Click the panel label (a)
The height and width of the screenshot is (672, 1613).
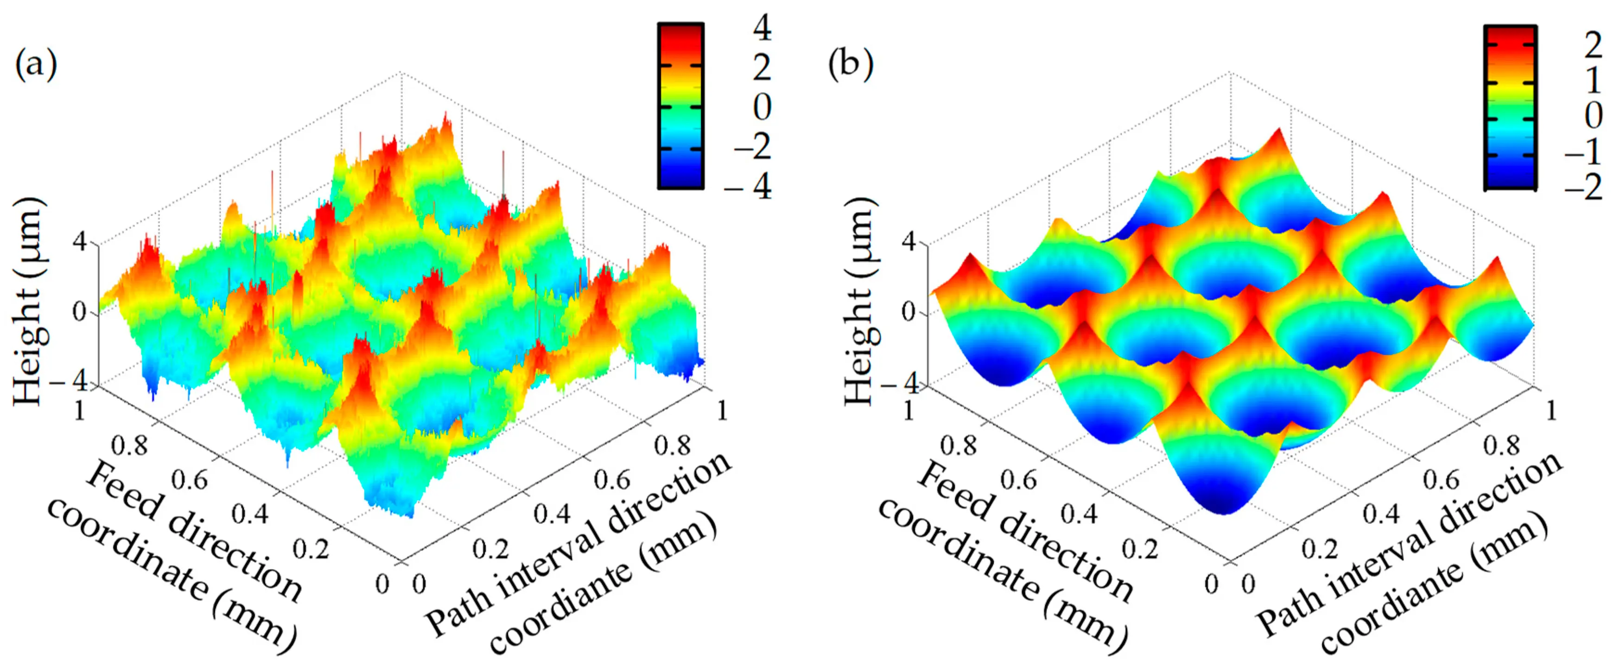36,65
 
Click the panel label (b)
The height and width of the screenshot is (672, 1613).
851,65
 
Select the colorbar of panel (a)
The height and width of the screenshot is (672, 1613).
680,106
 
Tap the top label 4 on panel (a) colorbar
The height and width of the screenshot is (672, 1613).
762,28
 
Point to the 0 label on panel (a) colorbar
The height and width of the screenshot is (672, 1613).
762,107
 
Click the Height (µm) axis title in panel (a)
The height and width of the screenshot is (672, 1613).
29,301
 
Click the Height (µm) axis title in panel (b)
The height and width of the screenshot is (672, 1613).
860,301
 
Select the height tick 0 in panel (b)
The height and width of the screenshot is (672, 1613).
909,311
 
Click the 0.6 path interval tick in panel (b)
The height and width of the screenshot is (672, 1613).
1441,480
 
